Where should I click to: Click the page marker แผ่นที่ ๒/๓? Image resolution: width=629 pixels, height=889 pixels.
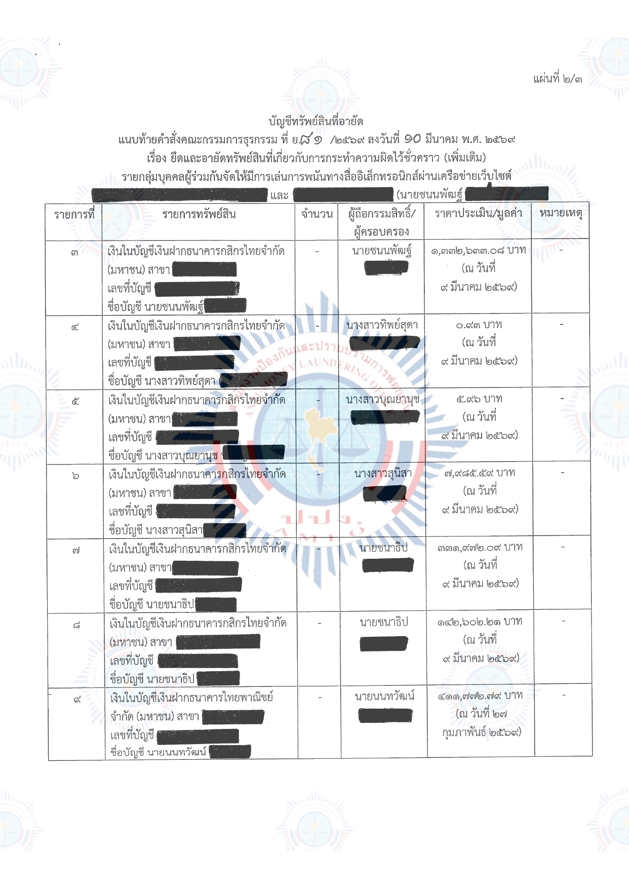[x=557, y=79]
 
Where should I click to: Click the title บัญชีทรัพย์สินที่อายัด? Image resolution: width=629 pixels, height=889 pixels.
[x=316, y=121]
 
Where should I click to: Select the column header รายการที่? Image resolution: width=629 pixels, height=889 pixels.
[x=74, y=214]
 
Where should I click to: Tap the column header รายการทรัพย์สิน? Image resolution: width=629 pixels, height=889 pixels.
[x=199, y=214]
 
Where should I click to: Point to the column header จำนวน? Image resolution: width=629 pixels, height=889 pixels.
[x=317, y=214]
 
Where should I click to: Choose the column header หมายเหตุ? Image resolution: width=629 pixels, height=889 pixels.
[x=561, y=213]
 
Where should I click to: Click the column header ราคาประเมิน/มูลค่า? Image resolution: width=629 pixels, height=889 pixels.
[x=478, y=213]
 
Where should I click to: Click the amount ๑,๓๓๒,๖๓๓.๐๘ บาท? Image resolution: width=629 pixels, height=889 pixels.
[x=478, y=250]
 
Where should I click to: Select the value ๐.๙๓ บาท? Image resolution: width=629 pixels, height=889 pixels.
[x=479, y=325]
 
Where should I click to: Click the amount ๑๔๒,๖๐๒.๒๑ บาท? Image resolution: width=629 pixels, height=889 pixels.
[x=480, y=622]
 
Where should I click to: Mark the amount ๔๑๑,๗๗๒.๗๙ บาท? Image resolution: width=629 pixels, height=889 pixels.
[x=480, y=695]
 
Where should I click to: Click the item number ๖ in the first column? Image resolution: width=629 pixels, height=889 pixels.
[x=75, y=476]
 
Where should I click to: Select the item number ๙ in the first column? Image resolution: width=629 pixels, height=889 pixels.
[x=77, y=700]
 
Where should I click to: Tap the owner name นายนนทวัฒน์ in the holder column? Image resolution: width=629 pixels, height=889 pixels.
[x=384, y=697]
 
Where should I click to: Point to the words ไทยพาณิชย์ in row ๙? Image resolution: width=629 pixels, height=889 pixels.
[x=250, y=698]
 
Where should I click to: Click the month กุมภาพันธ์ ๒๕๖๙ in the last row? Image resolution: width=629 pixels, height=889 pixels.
[x=481, y=732]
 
